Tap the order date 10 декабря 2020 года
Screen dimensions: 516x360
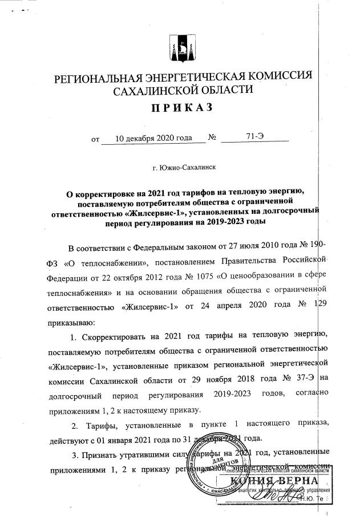[152, 137]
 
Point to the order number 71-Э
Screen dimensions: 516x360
[255, 137]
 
